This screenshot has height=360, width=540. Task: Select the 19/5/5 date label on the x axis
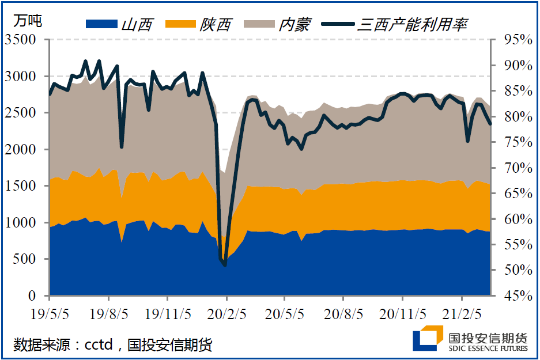pos(50,314)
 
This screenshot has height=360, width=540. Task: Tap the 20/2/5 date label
pos(226,314)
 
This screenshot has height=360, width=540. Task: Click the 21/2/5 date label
pos(462,314)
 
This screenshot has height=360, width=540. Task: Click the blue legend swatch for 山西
pos(101,24)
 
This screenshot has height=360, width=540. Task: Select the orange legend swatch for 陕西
pos(180,24)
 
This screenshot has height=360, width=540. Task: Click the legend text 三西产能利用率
pos(412,24)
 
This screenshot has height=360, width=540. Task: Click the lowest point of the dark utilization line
pos(225,265)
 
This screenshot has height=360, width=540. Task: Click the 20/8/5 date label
pos(343,314)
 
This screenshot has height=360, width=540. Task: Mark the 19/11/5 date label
pos(168,314)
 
